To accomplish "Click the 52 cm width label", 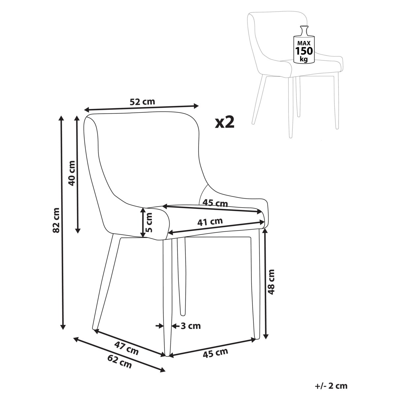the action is [142, 102].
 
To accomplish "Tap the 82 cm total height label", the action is [56, 220].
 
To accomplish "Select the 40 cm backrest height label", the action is [72, 173].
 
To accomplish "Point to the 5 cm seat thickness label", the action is [149, 222].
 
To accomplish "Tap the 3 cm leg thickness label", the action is [190, 326].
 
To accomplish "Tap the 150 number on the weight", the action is [304, 50].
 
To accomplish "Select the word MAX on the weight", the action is [304, 43].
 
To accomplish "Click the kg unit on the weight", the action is [304, 59].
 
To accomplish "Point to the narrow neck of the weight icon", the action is [304, 31].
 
